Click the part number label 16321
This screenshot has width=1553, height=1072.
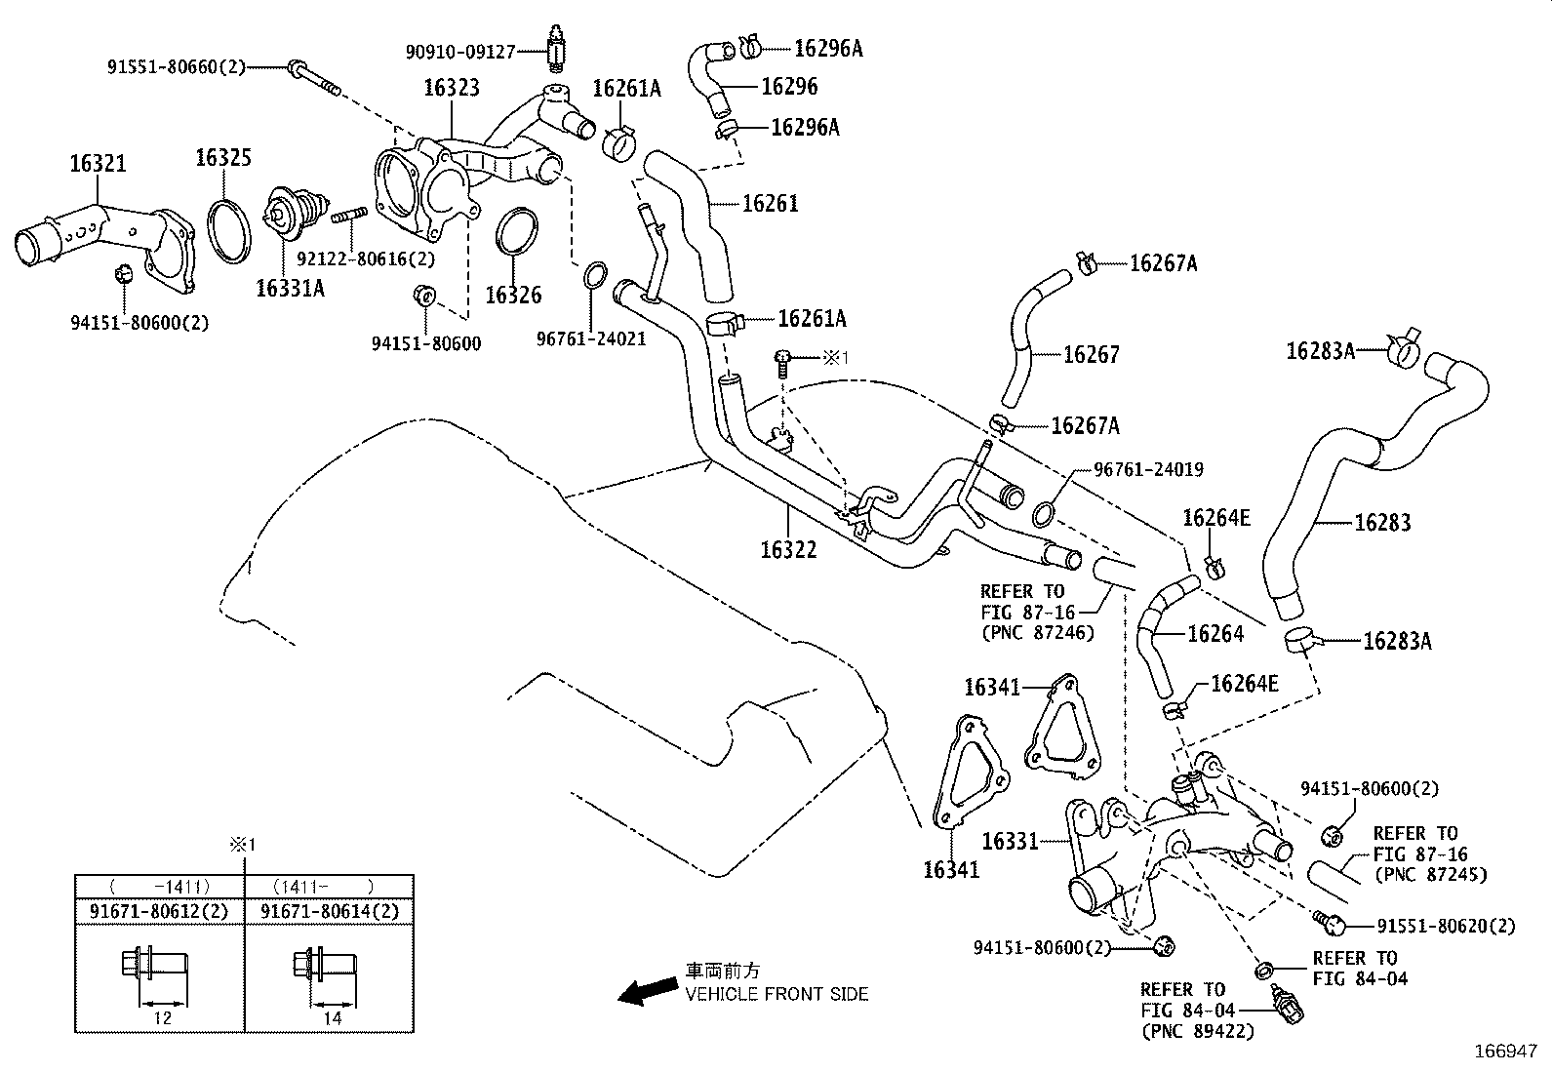click(98, 163)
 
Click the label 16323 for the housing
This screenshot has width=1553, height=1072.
click(451, 88)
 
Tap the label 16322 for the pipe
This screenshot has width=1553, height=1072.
click(788, 550)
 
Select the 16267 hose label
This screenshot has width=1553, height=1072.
click(1091, 355)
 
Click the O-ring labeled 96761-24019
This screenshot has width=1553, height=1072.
click(1044, 512)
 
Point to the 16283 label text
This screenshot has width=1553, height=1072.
click(1382, 523)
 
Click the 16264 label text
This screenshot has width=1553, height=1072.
click(1215, 634)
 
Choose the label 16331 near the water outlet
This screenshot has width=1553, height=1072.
click(1010, 840)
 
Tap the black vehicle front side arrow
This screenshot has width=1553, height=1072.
click(645, 993)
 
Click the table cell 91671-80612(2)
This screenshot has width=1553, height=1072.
click(160, 912)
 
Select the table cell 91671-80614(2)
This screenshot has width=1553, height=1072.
click(330, 912)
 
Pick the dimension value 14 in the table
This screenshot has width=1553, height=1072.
click(332, 1017)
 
